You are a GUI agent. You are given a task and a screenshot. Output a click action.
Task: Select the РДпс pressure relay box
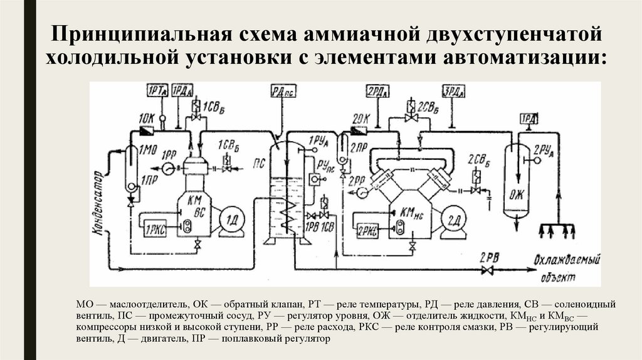click(x=283, y=92)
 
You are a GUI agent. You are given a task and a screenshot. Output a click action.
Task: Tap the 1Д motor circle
click(x=232, y=220)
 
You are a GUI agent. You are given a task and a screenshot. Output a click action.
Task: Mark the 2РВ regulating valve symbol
click(x=485, y=270)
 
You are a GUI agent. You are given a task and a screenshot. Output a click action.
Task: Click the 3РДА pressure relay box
click(x=454, y=92)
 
